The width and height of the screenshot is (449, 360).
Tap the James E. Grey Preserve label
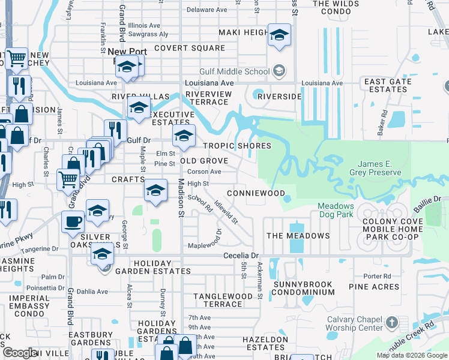[379, 169]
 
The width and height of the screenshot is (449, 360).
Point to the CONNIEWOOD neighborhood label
[255, 193]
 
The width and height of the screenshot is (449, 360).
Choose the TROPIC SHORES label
[237, 146]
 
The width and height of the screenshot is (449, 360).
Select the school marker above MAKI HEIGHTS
[279, 35]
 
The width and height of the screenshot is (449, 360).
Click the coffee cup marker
[74, 221]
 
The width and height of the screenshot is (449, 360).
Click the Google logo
[20, 352]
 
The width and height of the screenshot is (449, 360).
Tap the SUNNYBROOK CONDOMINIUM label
[303, 288]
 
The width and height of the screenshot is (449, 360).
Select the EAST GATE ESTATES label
[387, 85]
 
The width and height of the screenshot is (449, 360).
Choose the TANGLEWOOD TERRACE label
[223, 300]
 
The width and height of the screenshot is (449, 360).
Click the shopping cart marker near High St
[67, 178]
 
